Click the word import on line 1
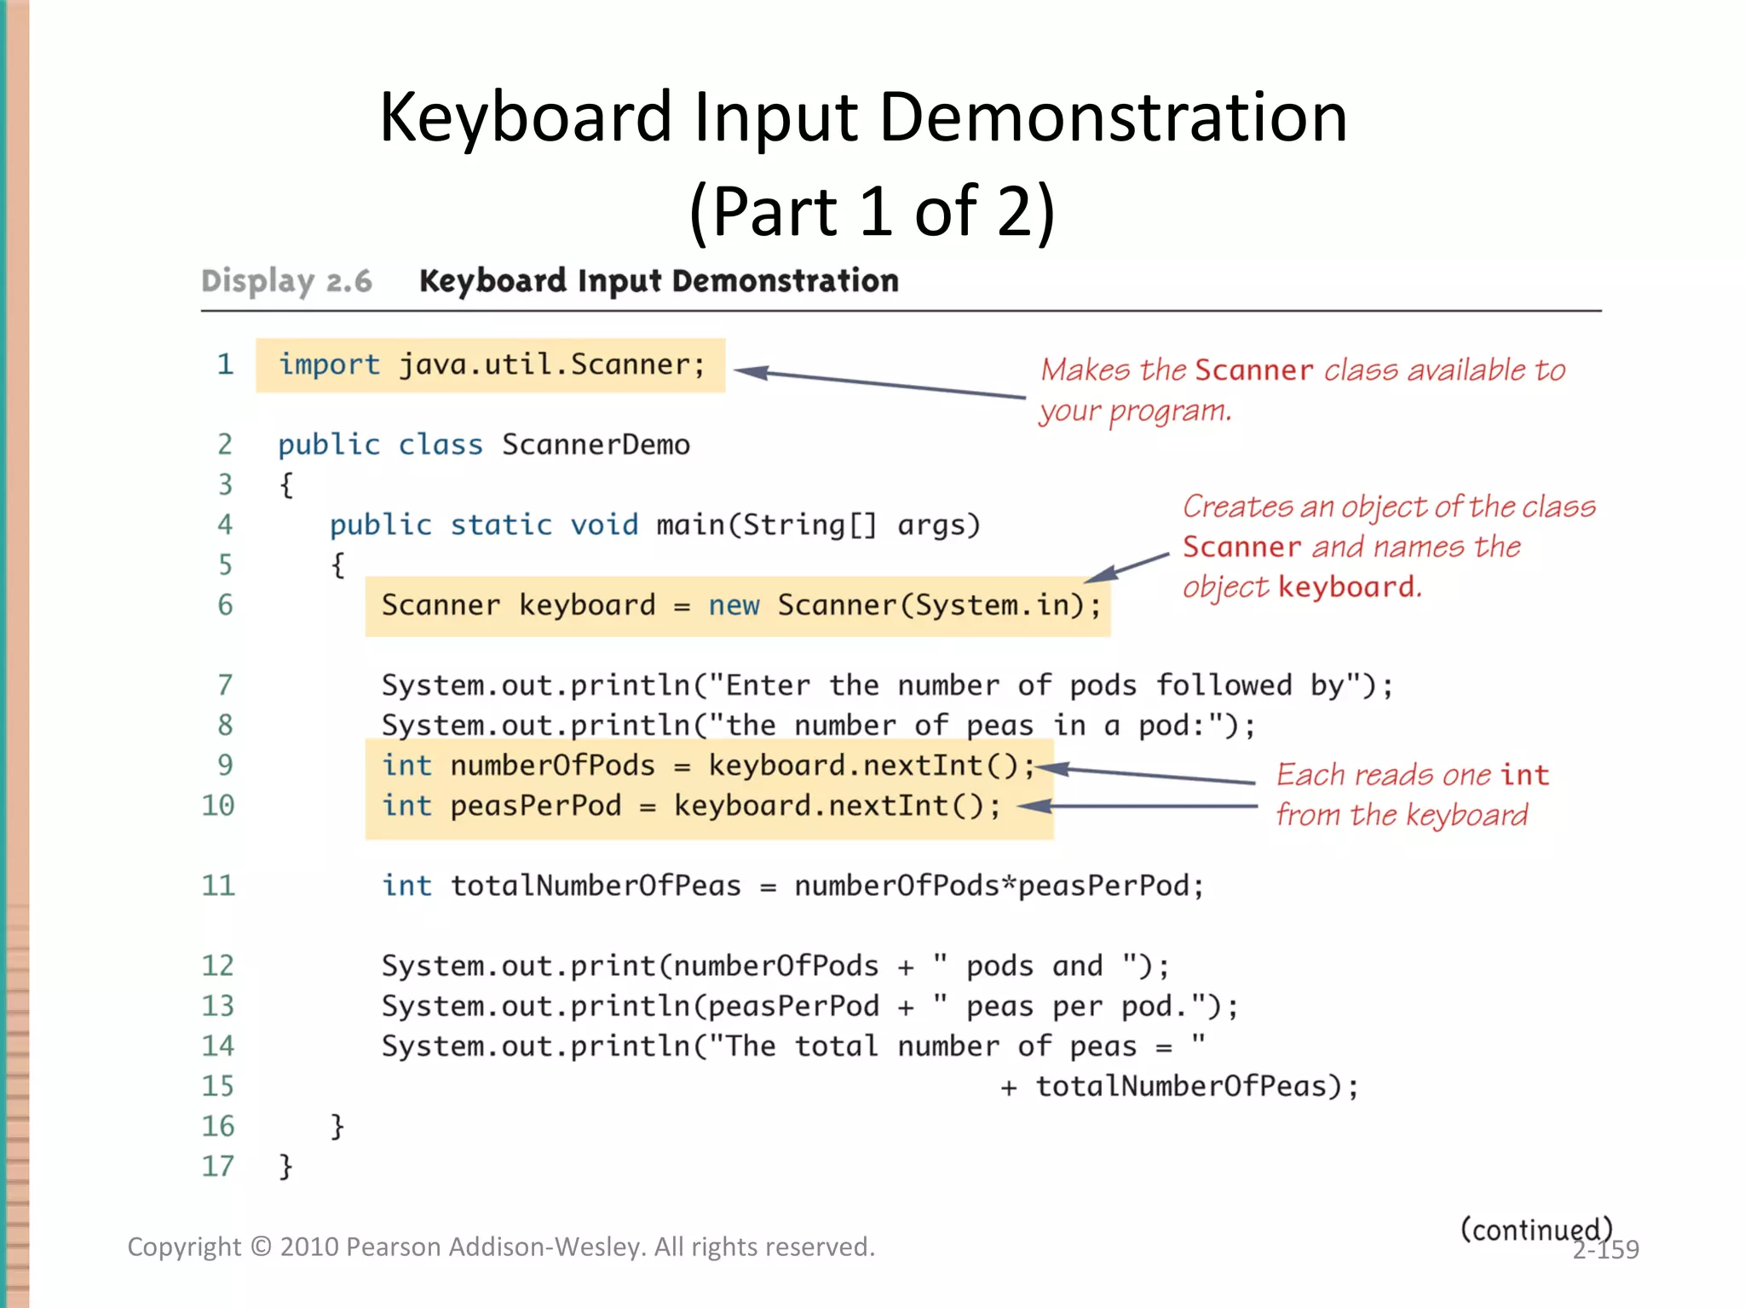point(329,365)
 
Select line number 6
point(225,605)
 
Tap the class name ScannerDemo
point(596,445)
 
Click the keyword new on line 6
point(734,605)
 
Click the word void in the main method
point(604,525)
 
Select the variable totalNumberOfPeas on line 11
point(596,886)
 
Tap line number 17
point(218,1166)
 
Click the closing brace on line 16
point(337,1127)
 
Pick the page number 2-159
point(1606,1250)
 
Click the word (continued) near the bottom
point(1535,1229)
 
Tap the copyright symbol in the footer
point(261,1248)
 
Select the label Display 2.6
point(286,281)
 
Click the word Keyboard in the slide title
point(526,118)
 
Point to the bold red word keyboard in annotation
point(1346,587)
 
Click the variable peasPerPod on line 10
point(536,806)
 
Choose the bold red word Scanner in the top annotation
point(1254,370)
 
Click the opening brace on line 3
point(286,485)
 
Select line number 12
point(218,966)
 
